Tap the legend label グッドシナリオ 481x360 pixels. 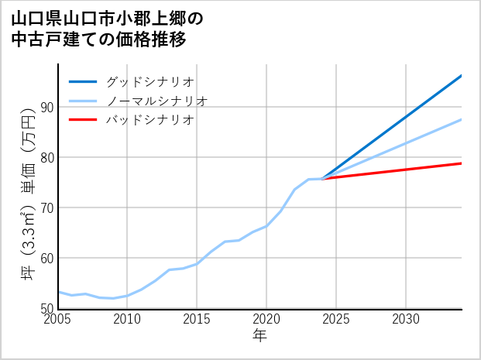tap(149, 81)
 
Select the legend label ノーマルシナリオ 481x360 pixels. tap(156, 101)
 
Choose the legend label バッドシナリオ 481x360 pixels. tap(149, 120)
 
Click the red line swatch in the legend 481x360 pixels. tap(83, 120)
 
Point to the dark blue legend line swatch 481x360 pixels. tap(83, 81)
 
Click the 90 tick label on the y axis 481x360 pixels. tap(46, 107)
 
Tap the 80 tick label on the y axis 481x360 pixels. tap(46, 157)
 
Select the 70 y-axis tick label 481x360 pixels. tap(46, 207)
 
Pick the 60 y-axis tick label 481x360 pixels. tap(46, 258)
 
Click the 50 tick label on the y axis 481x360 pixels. tap(46, 308)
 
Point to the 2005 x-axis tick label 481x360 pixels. tap(58, 319)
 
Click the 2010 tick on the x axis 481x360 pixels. tap(127, 319)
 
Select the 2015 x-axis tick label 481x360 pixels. tap(197, 319)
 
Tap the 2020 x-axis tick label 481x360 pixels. tap(266, 319)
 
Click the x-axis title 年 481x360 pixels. tap(259, 336)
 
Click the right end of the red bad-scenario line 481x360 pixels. tap(461, 163)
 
